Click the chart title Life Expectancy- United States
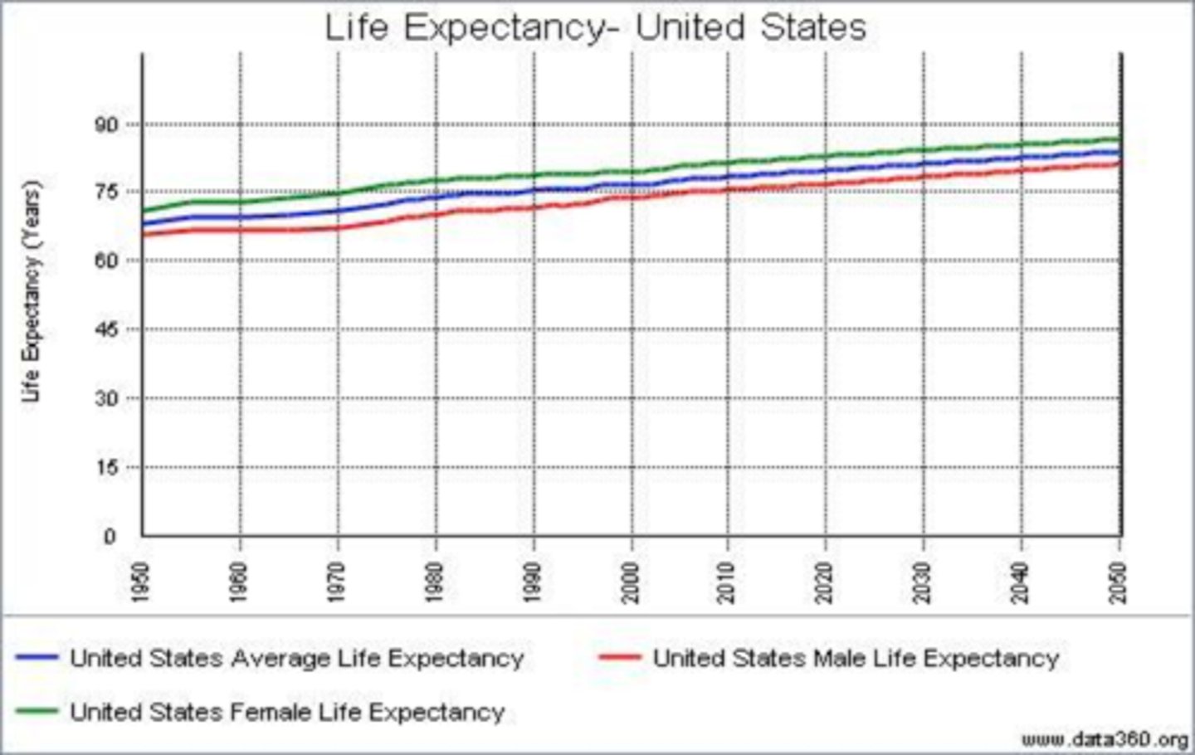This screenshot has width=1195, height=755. (594, 27)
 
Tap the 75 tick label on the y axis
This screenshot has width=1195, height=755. (109, 192)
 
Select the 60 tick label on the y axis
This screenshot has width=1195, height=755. (109, 261)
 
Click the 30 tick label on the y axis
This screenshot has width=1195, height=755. (109, 398)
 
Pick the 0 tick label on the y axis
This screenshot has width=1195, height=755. (109, 536)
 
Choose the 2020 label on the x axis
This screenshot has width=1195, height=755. (826, 582)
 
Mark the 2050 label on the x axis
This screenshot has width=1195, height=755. (1119, 582)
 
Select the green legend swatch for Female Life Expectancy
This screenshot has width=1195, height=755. (37, 712)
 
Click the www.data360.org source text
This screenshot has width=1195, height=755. (1104, 739)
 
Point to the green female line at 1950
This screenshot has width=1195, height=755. (144, 211)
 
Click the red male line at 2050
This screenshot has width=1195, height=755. (1119, 163)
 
